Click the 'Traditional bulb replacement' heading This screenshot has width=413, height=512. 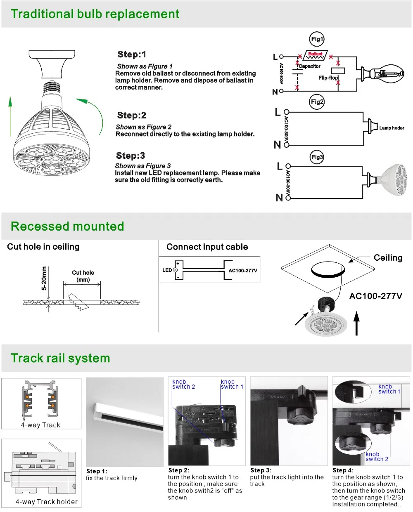95,14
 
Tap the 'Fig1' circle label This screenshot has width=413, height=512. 317,39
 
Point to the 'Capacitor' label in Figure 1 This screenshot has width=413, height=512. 309,66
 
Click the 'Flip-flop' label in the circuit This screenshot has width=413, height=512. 328,78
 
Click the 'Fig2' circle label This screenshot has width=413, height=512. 317,102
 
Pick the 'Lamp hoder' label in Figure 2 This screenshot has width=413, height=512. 392,128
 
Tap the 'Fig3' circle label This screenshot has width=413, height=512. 317,157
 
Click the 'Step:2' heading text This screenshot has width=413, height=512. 131,116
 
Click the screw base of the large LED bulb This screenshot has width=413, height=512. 51,88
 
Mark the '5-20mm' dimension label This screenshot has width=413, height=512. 44,278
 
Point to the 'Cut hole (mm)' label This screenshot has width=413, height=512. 83,276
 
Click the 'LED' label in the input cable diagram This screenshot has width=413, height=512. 167,270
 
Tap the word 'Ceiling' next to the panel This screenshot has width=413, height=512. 388,258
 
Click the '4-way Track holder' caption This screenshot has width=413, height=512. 46,502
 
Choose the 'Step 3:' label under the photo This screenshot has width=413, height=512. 261,470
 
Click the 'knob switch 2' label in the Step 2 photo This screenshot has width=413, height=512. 183,384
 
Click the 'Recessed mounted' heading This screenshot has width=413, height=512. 67,227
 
